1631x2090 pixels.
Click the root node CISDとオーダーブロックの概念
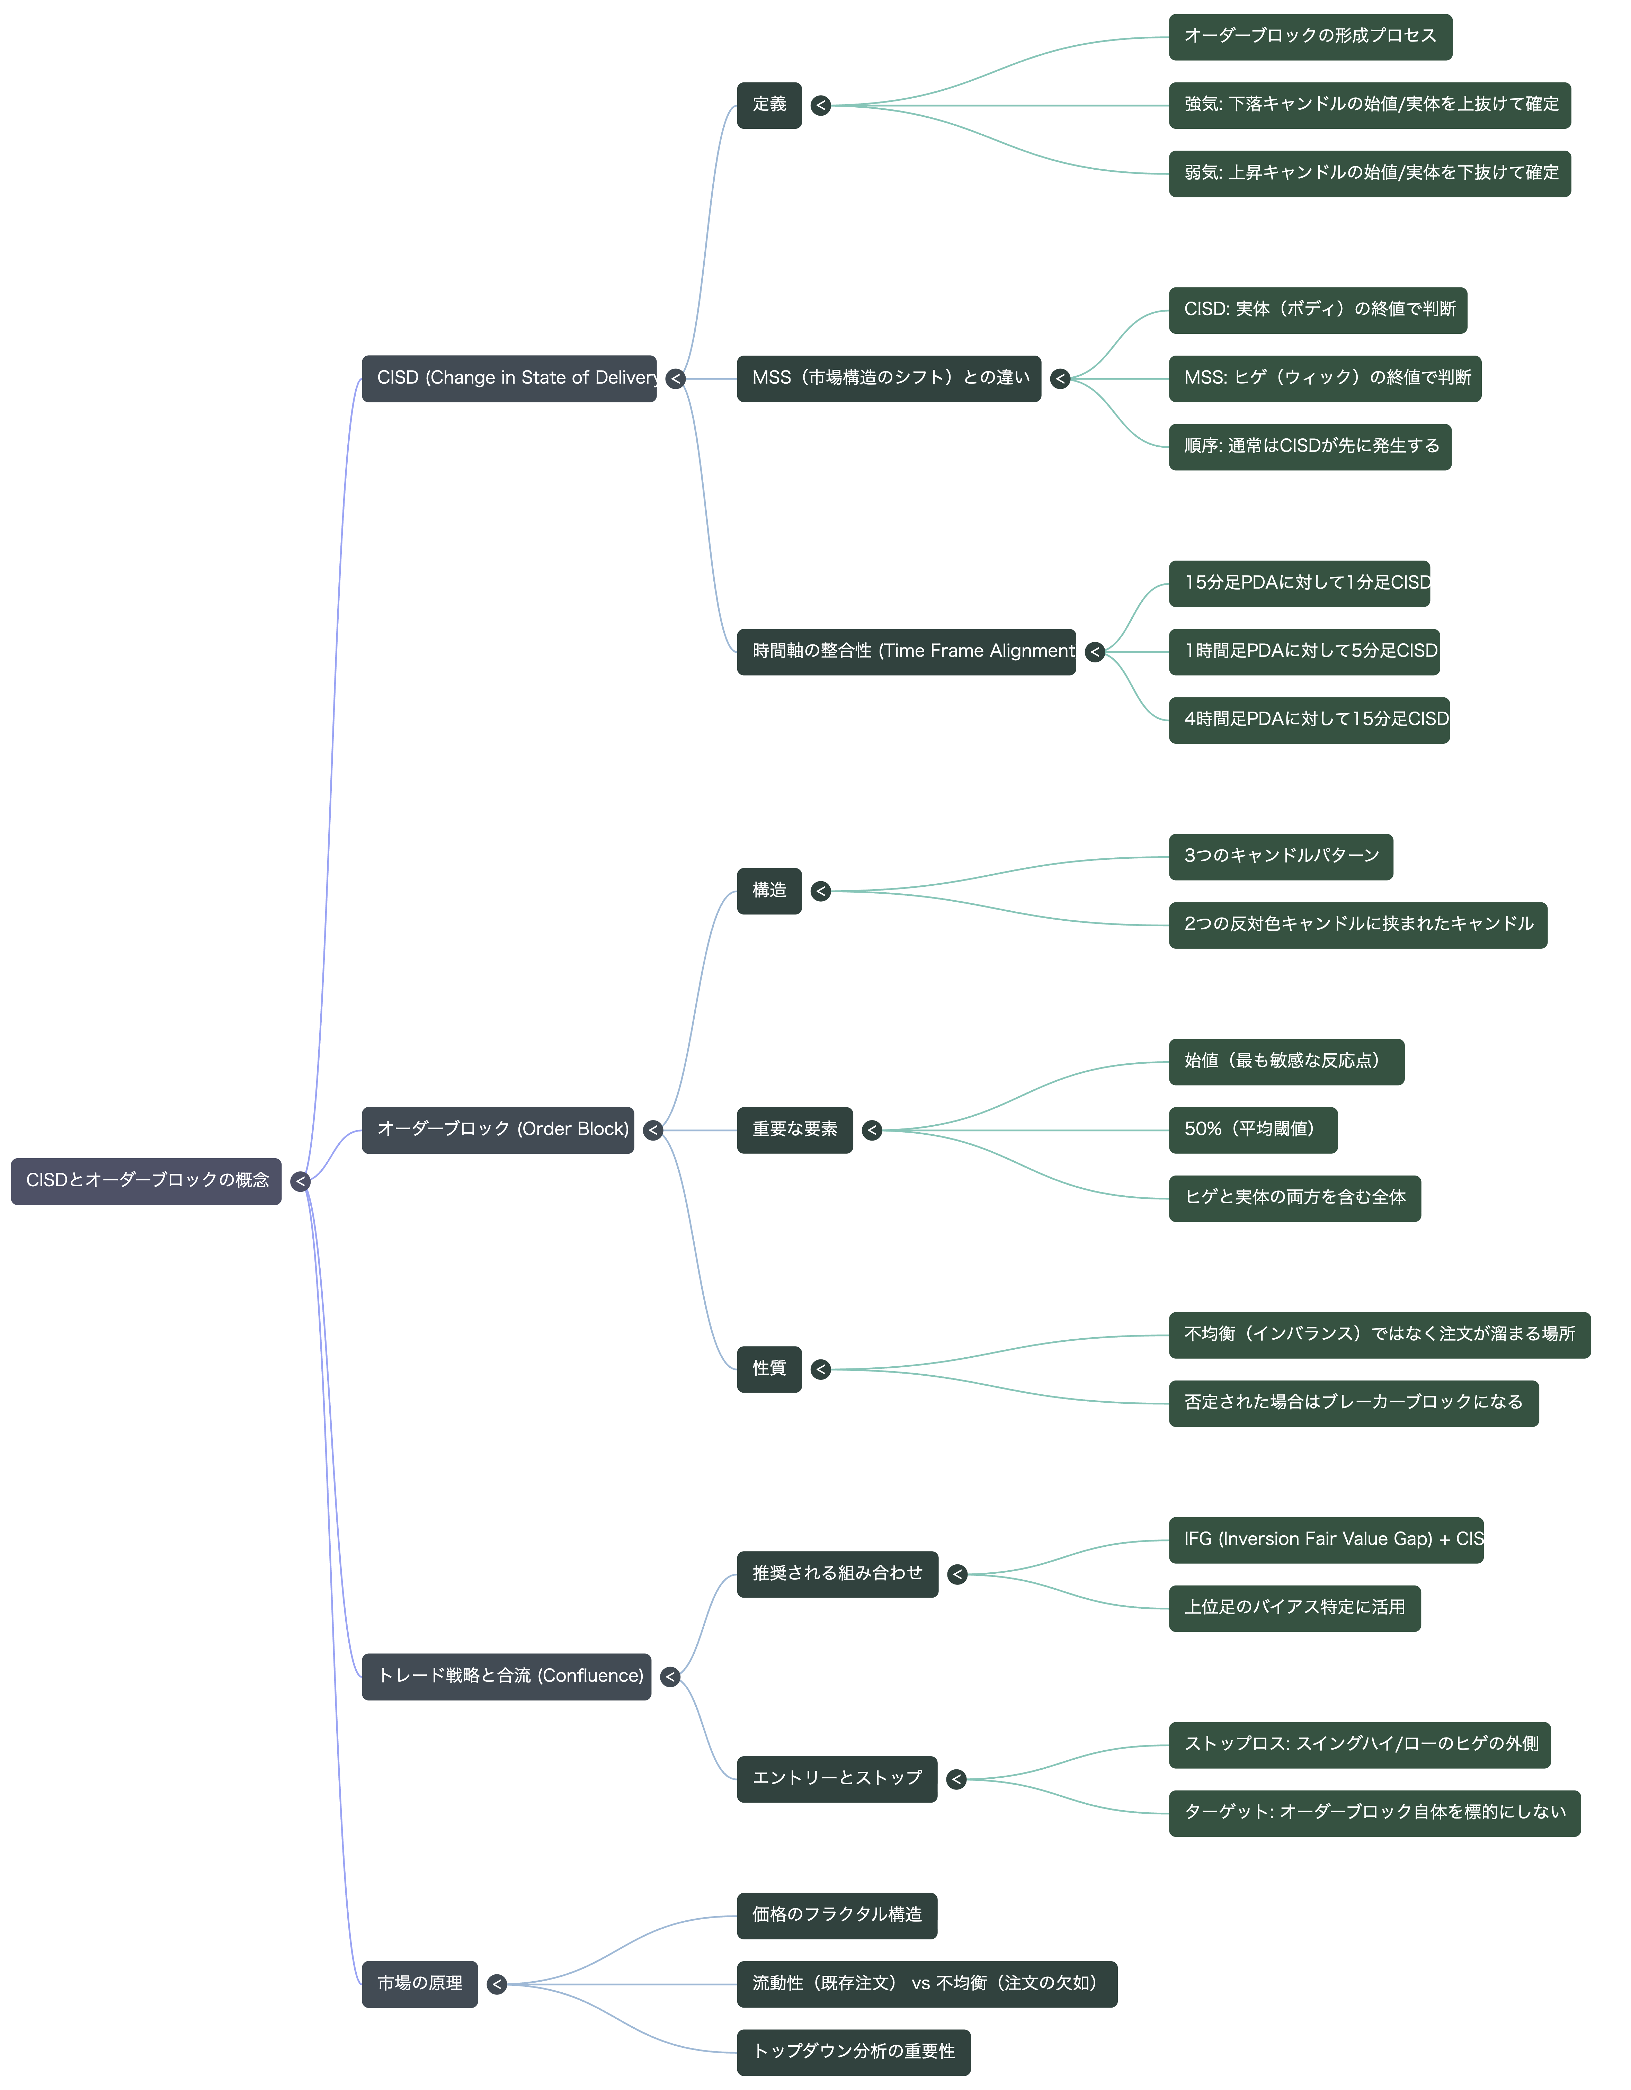[146, 1181]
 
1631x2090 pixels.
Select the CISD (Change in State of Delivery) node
[509, 379]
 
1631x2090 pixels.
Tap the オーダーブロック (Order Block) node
[498, 1130]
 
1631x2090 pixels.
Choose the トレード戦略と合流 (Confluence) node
[506, 1677]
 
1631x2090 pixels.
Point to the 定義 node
[769, 105]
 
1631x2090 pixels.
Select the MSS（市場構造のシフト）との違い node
[888, 379]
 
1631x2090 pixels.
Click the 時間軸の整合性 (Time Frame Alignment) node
[907, 652]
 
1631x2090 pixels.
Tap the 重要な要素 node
[794, 1130]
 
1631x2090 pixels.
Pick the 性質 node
[769, 1369]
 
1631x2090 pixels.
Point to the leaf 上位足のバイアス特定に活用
[1294, 1609]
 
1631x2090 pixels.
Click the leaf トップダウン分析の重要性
[853, 2053]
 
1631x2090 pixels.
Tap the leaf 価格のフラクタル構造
[837, 1916]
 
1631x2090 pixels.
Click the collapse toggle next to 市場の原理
[497, 1985]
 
